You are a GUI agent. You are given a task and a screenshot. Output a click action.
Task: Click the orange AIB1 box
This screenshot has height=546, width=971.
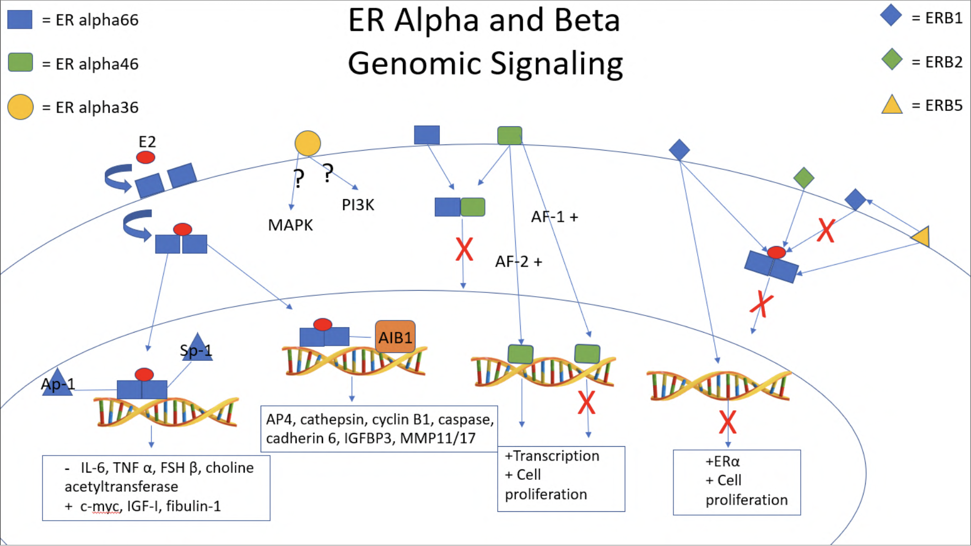(x=395, y=336)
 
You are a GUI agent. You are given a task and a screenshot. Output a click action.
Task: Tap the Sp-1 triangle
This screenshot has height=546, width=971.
(x=197, y=349)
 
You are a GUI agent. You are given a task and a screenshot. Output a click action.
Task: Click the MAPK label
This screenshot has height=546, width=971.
(x=290, y=225)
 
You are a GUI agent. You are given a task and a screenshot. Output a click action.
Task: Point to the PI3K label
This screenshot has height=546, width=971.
(x=358, y=205)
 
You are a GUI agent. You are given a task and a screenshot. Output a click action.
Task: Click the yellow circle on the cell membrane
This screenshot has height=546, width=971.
(x=308, y=143)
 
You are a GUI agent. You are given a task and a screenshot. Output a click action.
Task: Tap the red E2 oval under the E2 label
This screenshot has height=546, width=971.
(x=145, y=157)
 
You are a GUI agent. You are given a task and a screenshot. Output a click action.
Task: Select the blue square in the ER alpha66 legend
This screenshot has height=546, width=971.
(x=20, y=19)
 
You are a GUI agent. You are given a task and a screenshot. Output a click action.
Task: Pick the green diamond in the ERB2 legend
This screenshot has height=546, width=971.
(x=892, y=60)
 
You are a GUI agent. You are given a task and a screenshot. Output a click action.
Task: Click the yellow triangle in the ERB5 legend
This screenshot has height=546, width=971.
(x=892, y=105)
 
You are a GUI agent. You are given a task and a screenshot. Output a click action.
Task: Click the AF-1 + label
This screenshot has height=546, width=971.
(x=554, y=217)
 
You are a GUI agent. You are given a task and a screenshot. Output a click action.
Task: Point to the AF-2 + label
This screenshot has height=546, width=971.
(x=518, y=261)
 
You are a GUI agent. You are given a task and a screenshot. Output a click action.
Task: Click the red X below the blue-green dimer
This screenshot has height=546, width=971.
(x=464, y=249)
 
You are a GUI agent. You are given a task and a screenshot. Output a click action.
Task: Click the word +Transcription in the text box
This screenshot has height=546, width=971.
(x=552, y=456)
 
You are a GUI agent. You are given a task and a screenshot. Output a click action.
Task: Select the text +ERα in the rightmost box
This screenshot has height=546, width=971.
(x=722, y=462)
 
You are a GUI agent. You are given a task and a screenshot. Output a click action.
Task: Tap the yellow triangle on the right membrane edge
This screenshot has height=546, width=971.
(x=922, y=237)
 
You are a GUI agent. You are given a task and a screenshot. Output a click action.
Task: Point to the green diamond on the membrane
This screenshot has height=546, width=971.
(x=803, y=178)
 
